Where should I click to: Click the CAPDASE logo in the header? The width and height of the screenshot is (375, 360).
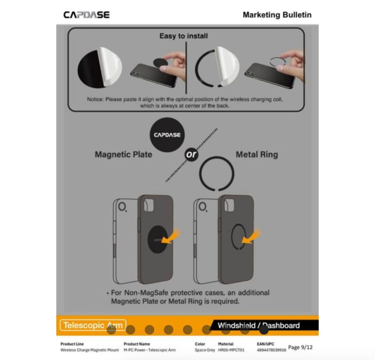(x=86, y=15)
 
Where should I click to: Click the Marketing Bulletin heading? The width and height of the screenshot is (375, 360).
(x=277, y=15)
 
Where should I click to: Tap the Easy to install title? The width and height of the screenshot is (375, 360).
(x=183, y=36)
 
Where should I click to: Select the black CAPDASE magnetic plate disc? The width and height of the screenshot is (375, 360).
(x=167, y=135)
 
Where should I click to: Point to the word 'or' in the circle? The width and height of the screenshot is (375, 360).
(x=192, y=155)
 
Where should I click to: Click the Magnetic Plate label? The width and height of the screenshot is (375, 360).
(x=123, y=154)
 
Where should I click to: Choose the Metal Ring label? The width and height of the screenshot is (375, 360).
(x=256, y=154)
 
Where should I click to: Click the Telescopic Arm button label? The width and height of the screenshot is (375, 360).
(x=93, y=325)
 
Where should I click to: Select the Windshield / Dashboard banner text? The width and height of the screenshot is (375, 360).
(x=258, y=325)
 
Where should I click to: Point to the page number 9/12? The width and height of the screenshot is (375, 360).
(x=300, y=347)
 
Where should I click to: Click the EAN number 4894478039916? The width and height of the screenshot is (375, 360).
(x=271, y=350)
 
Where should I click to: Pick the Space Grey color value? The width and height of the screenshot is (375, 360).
(x=204, y=350)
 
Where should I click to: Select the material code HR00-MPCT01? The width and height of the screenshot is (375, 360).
(x=232, y=350)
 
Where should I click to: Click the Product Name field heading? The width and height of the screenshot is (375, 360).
(x=137, y=344)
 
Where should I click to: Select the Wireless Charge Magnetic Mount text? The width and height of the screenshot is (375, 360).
(x=90, y=350)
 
